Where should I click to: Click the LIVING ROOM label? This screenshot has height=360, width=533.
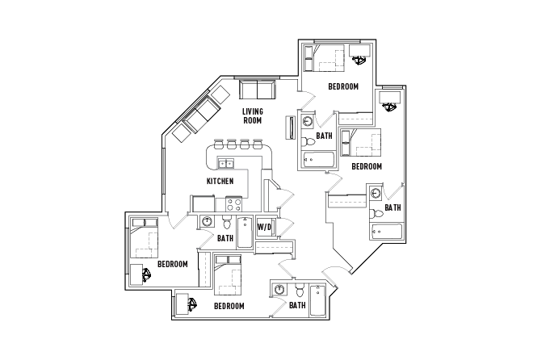(x=253, y=115)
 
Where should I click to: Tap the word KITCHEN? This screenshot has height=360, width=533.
(x=220, y=181)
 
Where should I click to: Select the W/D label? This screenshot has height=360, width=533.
(x=264, y=228)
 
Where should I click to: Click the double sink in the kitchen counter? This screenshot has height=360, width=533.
(x=226, y=164)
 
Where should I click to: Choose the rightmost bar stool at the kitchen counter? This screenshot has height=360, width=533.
(x=258, y=145)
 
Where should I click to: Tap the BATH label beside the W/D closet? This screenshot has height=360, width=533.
(x=225, y=238)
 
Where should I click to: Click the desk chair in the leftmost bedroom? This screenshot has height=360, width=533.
(x=148, y=276)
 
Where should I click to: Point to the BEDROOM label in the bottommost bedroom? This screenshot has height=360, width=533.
(x=229, y=306)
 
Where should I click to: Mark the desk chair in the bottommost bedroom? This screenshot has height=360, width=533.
(x=192, y=305)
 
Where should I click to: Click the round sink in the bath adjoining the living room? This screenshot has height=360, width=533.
(x=308, y=123)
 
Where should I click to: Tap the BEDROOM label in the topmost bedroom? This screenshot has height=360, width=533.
(x=343, y=86)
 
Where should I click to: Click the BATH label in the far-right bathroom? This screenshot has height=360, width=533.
(x=392, y=207)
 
